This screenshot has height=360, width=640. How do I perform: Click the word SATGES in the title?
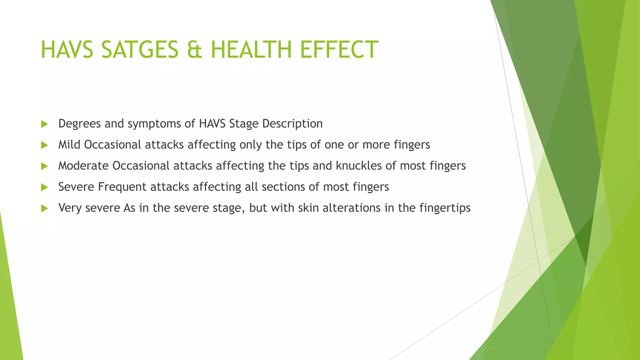coord(140,50)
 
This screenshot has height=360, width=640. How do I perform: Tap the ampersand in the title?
coord(194,50)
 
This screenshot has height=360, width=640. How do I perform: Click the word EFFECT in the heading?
coord(339,50)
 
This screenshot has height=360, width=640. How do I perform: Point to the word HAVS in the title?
coord(67,50)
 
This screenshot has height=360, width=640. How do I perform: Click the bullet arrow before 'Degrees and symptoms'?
coord(44,124)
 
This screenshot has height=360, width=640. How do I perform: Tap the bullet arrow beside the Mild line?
coord(44,145)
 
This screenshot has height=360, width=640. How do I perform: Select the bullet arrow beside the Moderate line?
coord(44,166)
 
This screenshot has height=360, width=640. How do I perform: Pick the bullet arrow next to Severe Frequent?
coord(44,187)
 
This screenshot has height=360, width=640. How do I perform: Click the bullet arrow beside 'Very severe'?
coord(44,208)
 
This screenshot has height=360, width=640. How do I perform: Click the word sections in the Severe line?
coord(283,187)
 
